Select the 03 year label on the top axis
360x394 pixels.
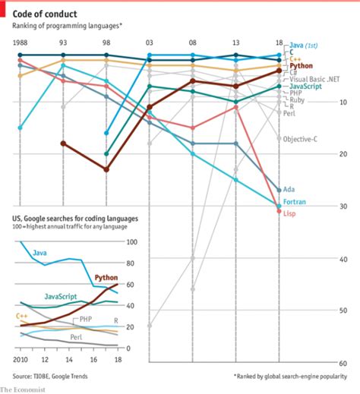click(x=150, y=43)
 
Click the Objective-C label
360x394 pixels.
click(x=300, y=140)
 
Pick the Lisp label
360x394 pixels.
click(x=289, y=214)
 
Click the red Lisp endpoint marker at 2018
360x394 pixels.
click(x=279, y=211)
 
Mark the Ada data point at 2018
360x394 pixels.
click(x=279, y=190)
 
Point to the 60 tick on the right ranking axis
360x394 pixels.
click(x=343, y=363)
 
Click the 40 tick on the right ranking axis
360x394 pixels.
click(x=343, y=259)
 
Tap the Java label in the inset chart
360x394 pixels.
click(x=39, y=252)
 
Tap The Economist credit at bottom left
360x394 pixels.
click(x=23, y=389)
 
